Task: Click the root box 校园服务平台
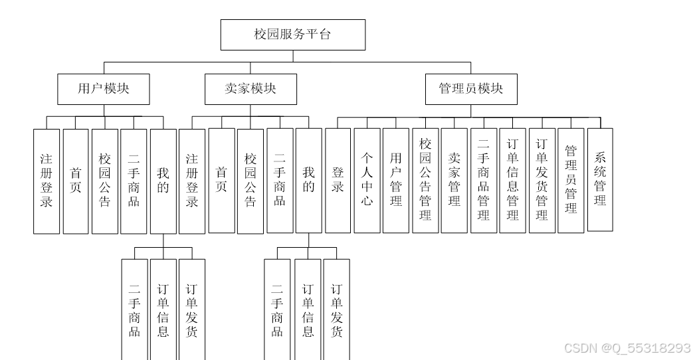(292, 35)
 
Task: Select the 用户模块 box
(103, 88)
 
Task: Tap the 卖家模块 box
(250, 88)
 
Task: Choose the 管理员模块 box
(471, 88)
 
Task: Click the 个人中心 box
(367, 180)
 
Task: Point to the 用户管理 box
(396, 180)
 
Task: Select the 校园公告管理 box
(425, 180)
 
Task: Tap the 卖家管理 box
(454, 180)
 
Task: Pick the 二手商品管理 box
(484, 180)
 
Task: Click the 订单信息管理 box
(513, 180)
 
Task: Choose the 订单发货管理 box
(542, 180)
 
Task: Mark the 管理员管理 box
(571, 180)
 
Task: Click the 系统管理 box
(601, 179)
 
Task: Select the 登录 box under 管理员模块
(338, 180)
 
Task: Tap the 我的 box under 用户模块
(163, 181)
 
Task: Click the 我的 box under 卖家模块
(308, 181)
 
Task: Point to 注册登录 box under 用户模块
(47, 181)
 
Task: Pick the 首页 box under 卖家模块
(221, 181)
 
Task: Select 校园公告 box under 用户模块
(104, 181)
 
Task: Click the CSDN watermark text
(627, 348)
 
